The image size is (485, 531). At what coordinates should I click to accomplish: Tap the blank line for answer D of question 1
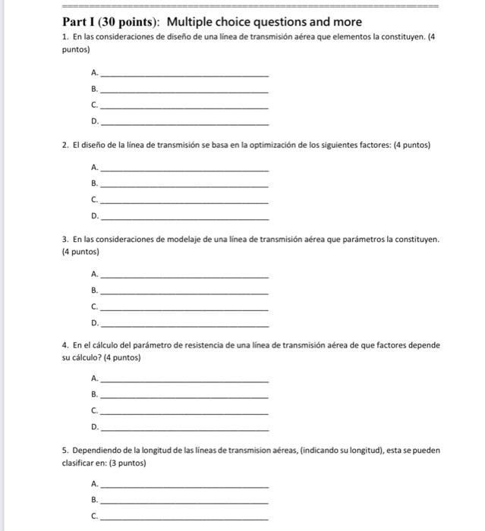click(184, 124)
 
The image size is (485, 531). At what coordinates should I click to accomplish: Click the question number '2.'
click(67, 144)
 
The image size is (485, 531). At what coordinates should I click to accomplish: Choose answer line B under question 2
click(184, 186)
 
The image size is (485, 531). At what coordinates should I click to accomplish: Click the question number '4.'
click(67, 345)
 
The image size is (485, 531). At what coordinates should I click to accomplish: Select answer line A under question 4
click(184, 380)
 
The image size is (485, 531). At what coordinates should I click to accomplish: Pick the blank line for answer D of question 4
click(184, 429)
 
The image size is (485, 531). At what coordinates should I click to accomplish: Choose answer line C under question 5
click(184, 518)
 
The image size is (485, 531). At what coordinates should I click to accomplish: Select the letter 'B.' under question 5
click(94, 501)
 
